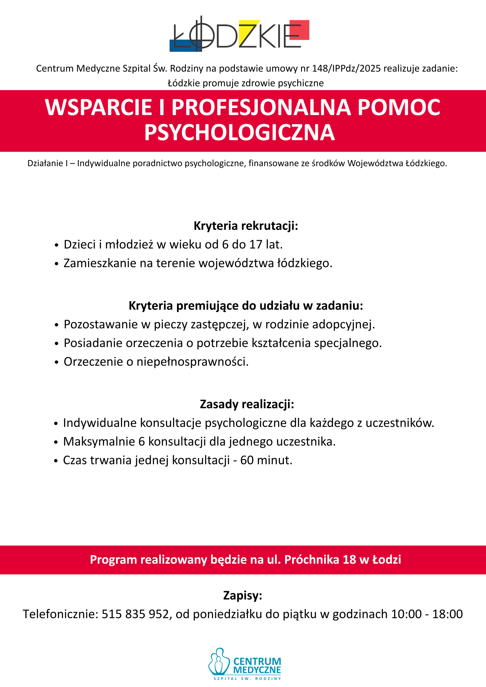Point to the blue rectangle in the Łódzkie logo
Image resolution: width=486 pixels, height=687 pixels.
(x=184, y=46)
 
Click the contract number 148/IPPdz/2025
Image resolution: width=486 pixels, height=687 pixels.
(x=346, y=68)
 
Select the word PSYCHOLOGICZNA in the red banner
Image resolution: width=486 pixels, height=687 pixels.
(x=239, y=133)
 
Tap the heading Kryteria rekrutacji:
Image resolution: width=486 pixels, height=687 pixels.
(x=246, y=226)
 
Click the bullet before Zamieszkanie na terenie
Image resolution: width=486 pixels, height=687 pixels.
(x=56, y=264)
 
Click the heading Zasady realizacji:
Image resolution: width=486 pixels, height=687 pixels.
(x=247, y=404)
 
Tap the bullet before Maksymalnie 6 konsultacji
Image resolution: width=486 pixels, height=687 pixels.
(x=56, y=442)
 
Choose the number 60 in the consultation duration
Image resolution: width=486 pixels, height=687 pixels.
(x=247, y=460)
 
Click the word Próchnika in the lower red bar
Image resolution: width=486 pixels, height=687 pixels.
(x=311, y=560)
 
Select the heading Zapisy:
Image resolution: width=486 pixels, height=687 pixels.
(x=243, y=595)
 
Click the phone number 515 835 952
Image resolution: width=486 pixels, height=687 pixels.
(x=135, y=614)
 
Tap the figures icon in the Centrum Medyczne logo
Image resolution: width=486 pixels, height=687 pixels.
(x=219, y=662)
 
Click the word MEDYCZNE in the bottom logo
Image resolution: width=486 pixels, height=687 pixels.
(x=257, y=670)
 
